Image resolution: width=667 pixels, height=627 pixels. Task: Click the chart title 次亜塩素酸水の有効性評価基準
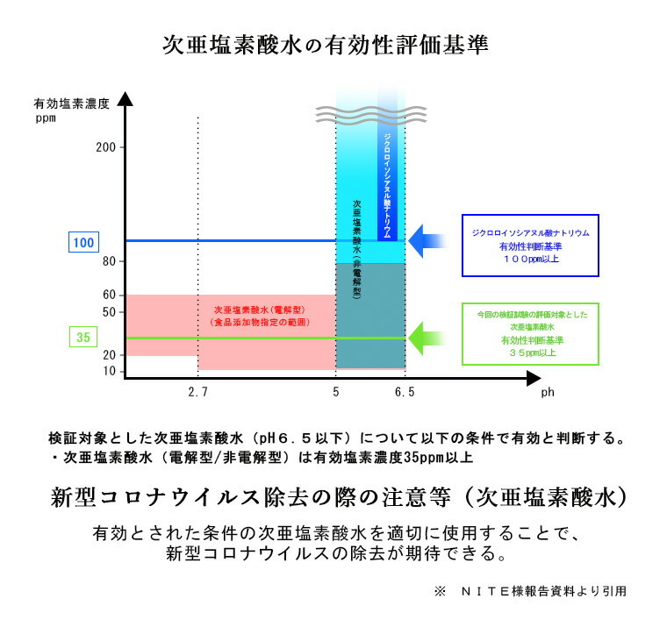[x=326, y=45]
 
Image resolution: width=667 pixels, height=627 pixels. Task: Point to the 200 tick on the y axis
[x=105, y=147]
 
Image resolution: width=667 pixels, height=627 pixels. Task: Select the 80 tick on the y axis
[x=109, y=262]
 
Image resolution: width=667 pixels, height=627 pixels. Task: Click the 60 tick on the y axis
[x=109, y=295]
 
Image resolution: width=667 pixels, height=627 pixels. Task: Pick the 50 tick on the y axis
[x=109, y=312]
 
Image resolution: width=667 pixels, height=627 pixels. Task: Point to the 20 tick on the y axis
[x=109, y=354]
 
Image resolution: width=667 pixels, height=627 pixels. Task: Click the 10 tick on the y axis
[x=109, y=372]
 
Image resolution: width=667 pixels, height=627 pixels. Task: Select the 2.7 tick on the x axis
[x=197, y=393]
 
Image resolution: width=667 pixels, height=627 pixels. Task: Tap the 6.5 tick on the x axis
[x=405, y=393]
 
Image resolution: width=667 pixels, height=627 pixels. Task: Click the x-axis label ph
[x=547, y=394]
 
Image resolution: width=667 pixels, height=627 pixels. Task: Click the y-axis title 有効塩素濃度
[x=72, y=103]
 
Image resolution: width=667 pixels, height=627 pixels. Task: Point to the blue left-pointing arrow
[x=429, y=240]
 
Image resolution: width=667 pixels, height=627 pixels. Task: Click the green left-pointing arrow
[x=429, y=337]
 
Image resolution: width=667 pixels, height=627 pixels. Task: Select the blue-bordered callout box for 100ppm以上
[x=530, y=246]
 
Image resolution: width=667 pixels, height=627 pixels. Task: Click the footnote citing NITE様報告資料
[x=530, y=591]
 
